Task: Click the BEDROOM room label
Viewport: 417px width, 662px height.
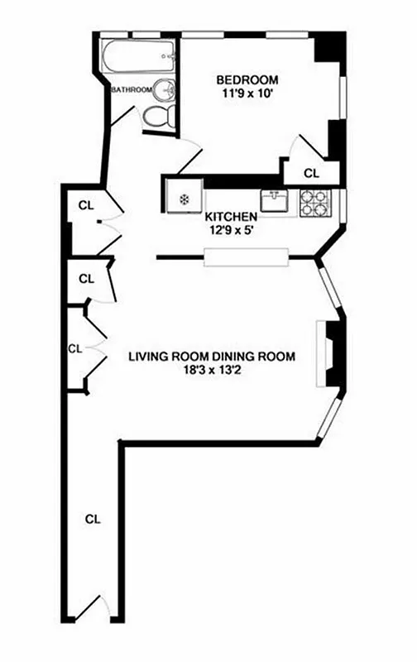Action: (x=247, y=80)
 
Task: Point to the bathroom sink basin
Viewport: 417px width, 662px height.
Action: (x=167, y=89)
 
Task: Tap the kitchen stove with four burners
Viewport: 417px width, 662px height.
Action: (x=315, y=203)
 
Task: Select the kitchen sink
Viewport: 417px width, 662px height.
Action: (x=274, y=200)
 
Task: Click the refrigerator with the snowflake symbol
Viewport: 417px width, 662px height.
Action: (x=182, y=199)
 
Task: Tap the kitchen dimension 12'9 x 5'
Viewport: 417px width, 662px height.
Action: (x=228, y=232)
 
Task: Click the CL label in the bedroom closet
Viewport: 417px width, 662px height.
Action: (x=311, y=174)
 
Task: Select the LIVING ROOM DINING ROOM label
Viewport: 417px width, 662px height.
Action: (x=212, y=357)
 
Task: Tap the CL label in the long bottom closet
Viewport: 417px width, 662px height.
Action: (x=93, y=520)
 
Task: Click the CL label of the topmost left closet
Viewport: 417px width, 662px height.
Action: (x=85, y=204)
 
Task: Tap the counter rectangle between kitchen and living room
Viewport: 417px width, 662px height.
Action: (x=247, y=257)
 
